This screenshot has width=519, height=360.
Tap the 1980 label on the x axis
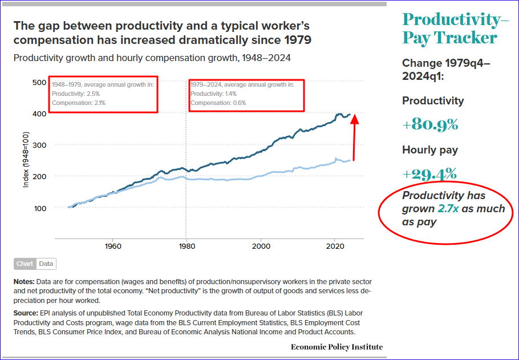point(186,246)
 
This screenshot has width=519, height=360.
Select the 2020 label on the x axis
point(335,246)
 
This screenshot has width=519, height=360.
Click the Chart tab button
point(25,264)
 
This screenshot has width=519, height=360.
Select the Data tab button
point(46,264)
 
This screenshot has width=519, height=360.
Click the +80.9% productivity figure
point(430,124)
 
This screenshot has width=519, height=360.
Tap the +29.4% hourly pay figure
point(430,173)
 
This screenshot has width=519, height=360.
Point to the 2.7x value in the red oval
point(448,209)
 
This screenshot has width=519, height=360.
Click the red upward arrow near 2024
point(355,137)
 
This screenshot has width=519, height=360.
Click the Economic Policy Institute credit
point(336,347)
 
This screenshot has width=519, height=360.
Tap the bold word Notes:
point(24,282)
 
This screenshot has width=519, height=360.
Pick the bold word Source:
point(26,314)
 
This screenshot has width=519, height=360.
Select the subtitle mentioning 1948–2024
point(152,58)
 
